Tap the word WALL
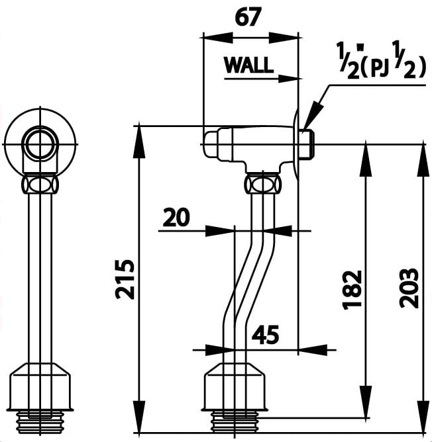pos(248,65)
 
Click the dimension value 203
pos(411,288)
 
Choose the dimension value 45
pos(265,335)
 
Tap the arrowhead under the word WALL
pos(289,79)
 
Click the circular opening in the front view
pos(40,144)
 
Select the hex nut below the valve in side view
pos(263,183)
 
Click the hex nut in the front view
pos(40,183)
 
